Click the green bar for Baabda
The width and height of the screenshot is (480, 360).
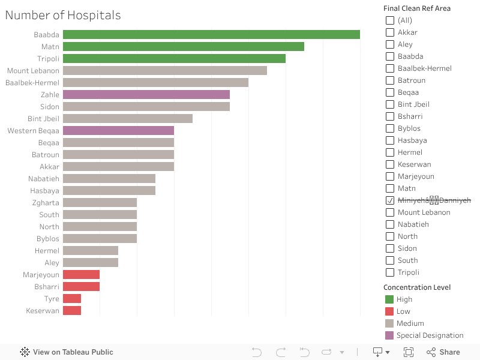[x=211, y=35]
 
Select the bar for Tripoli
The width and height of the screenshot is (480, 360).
[x=174, y=59]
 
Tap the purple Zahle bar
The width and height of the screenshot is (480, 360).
[x=146, y=95]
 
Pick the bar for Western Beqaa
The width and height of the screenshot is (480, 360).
[x=118, y=131]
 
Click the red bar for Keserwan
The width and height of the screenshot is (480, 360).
[x=72, y=311]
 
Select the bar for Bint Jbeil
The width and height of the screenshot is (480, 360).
[x=128, y=119]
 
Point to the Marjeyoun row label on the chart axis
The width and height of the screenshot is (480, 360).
[x=41, y=275]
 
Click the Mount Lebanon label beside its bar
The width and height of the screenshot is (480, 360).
[x=33, y=71]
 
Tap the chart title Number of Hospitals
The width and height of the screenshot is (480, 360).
[x=63, y=16]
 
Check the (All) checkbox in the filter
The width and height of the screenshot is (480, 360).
[x=390, y=20]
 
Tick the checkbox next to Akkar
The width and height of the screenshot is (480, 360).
[x=390, y=32]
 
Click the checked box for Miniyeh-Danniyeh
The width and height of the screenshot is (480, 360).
[x=390, y=200]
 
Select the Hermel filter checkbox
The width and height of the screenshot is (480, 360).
[x=390, y=152]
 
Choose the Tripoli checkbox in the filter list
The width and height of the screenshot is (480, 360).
[x=390, y=272]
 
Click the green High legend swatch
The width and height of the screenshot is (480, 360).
[x=389, y=299]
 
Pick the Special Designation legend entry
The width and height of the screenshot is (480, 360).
[x=430, y=335]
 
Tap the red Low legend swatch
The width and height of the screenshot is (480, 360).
[x=389, y=311]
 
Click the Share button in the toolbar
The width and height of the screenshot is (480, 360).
[x=443, y=352]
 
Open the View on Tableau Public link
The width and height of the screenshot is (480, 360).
[x=67, y=352]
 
